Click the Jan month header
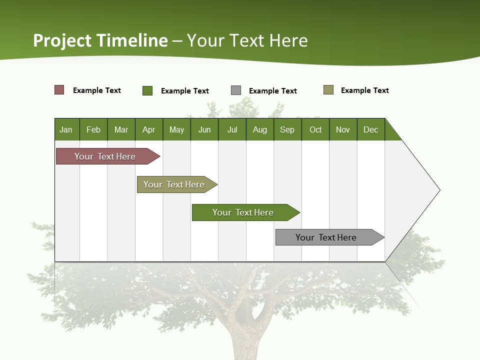[x=66, y=129]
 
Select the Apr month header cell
[x=149, y=129]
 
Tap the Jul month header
[x=232, y=129]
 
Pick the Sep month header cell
[x=287, y=129]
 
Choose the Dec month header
[x=370, y=129]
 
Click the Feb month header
[x=93, y=129]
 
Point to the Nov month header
[x=343, y=129]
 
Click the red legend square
[x=59, y=90]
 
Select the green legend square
[x=147, y=90]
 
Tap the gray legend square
[x=236, y=90]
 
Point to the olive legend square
[x=328, y=90]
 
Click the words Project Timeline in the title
[x=100, y=40]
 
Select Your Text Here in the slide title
[x=247, y=40]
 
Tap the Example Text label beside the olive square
[x=364, y=90]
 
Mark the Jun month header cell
[x=204, y=129]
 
